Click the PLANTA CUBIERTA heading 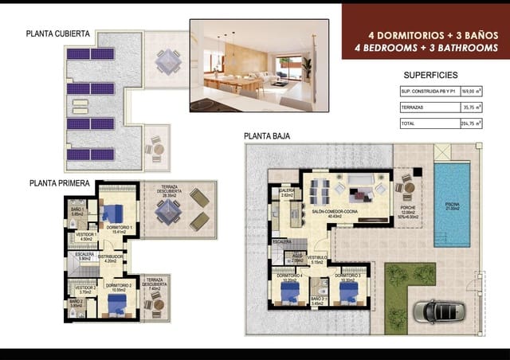click(57, 34)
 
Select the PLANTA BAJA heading click(267, 136)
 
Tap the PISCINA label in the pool click(452, 204)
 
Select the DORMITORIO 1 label click(119, 228)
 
